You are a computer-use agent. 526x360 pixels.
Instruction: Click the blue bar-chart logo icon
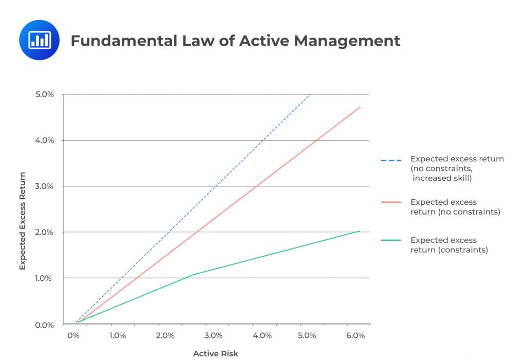[x=39, y=40]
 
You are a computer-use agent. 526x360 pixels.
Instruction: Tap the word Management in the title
[x=347, y=41]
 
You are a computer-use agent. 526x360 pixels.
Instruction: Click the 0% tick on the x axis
[x=73, y=336]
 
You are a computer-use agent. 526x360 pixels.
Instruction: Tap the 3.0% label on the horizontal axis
[x=213, y=336]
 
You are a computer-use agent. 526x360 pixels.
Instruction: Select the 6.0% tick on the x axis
[x=355, y=336]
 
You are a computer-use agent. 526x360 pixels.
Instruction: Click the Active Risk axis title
[x=216, y=354]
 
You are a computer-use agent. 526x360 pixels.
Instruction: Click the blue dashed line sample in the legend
[x=391, y=161]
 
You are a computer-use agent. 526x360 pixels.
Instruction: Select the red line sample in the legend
[x=391, y=202]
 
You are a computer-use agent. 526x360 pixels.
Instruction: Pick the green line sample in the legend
[x=391, y=240]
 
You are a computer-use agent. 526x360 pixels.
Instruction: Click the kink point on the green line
[x=193, y=275]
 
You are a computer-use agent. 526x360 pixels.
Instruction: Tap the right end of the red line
[x=360, y=107]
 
